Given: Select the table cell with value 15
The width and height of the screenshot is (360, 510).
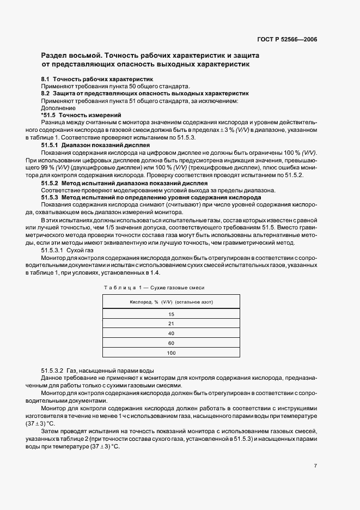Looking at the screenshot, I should (x=171, y=314).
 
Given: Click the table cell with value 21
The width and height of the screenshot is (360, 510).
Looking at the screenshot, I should (x=171, y=324).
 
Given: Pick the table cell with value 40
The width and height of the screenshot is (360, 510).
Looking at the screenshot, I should (x=171, y=333).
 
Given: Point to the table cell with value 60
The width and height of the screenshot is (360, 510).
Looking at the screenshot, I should (x=171, y=343).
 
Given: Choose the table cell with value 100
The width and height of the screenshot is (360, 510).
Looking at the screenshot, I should (x=171, y=353).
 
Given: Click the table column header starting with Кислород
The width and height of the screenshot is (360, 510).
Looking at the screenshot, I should (x=171, y=301).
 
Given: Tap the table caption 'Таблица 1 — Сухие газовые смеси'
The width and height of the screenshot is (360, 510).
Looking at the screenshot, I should (x=154, y=287).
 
